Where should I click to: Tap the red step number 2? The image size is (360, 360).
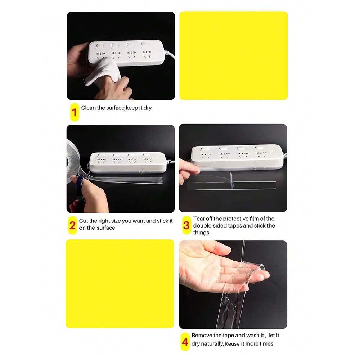coord(73,226)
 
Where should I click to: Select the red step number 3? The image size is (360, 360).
coord(186,226)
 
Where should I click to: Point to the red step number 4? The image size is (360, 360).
coord(185,342)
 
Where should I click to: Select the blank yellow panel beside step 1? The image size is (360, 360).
coord(233,55)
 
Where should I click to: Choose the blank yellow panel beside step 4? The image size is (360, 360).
coord(120,284)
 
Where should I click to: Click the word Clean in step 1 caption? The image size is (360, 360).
coord(88,108)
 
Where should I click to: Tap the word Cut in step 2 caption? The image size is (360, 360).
coord(83,221)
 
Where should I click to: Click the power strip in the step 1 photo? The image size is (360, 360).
coord(126,52)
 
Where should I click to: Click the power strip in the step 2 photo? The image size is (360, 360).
coord(128,162)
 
